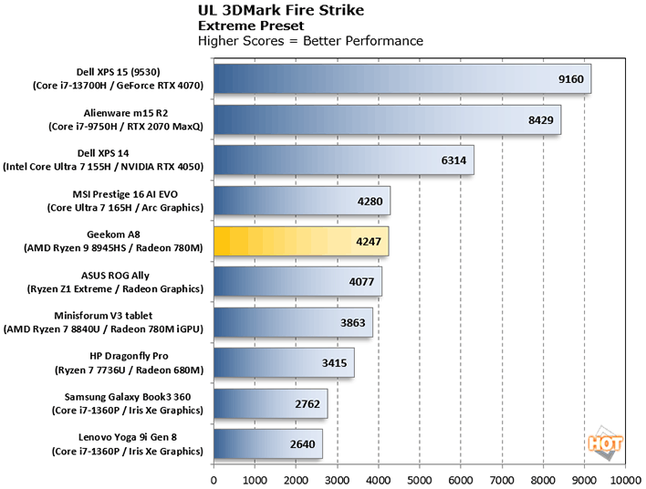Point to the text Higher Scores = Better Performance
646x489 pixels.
310,41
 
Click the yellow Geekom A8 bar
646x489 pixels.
301,243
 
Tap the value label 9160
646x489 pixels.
571,78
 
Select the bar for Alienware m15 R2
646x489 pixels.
387,120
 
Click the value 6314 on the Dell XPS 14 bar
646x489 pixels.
454,161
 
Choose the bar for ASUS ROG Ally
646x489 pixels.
297,283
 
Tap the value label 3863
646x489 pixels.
353,323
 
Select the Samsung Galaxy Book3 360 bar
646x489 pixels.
270,404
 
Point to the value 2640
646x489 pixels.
303,445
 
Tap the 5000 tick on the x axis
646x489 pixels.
420,478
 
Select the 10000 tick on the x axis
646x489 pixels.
625,478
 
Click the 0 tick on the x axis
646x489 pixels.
214,478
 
